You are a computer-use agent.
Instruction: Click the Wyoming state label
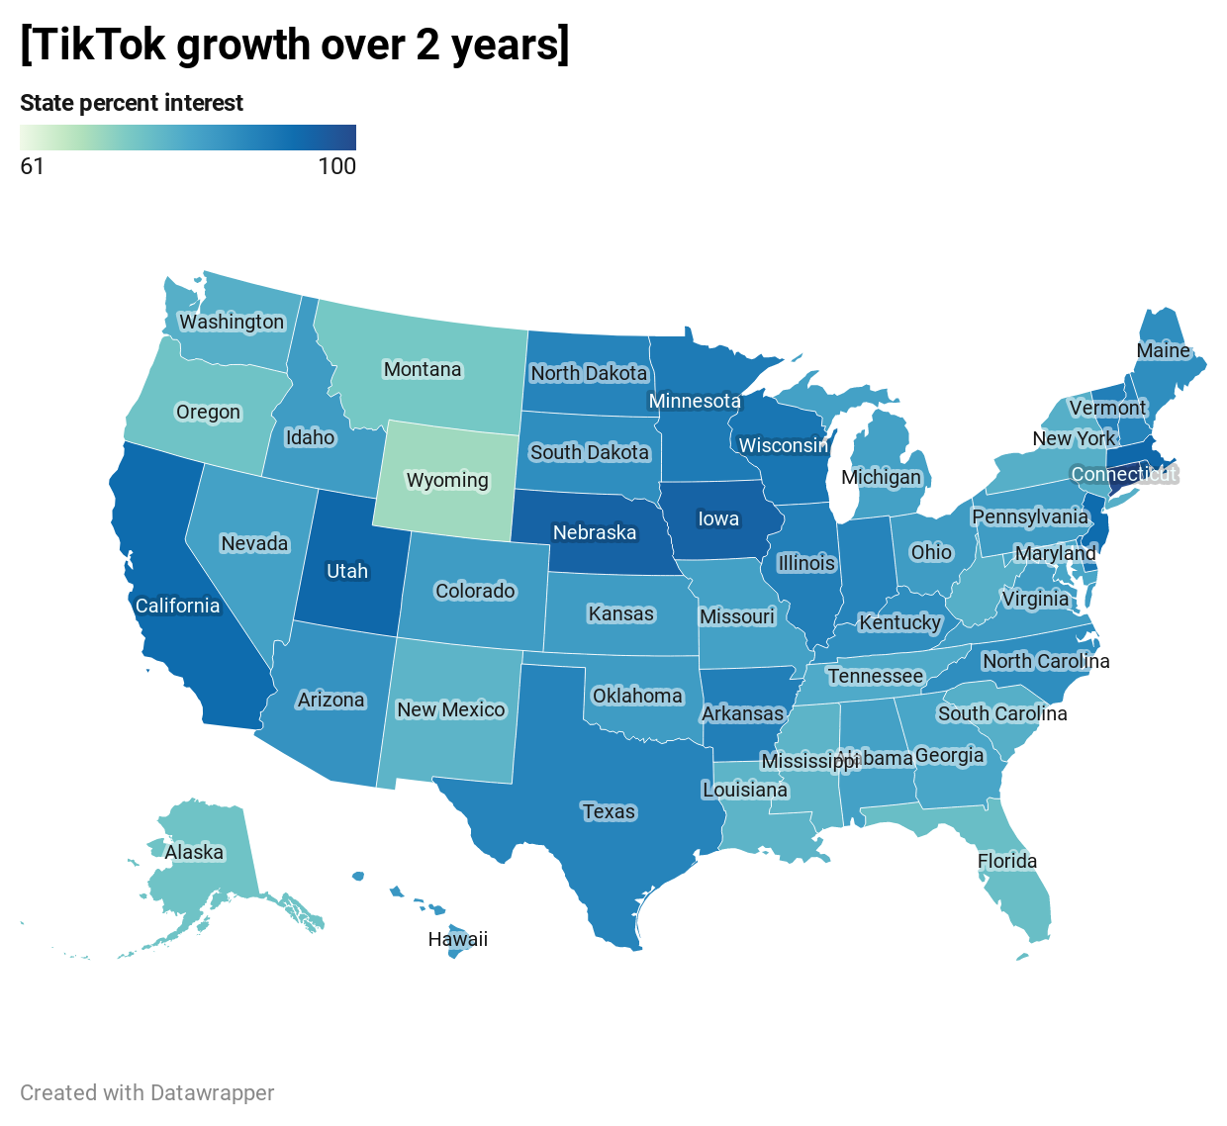click(447, 480)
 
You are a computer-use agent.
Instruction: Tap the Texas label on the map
click(609, 811)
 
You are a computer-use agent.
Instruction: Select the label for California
click(177, 606)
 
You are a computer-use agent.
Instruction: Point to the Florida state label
click(1007, 861)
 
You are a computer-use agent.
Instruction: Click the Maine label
click(1163, 350)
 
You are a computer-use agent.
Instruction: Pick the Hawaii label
click(457, 939)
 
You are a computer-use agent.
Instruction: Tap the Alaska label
click(194, 852)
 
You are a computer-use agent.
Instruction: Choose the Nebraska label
click(594, 532)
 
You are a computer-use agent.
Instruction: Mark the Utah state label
click(347, 571)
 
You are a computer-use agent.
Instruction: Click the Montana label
click(423, 369)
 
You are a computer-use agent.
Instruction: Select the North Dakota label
click(589, 373)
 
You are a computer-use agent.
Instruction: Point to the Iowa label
click(718, 518)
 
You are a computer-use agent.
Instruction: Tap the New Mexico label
click(450, 709)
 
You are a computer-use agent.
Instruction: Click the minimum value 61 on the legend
click(32, 165)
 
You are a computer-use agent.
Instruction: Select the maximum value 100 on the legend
click(336, 165)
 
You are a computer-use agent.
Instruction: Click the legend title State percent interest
click(132, 103)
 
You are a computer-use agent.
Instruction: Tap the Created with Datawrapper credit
click(147, 1092)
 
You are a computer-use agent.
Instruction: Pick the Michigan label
click(881, 477)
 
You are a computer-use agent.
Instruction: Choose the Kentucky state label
click(899, 622)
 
